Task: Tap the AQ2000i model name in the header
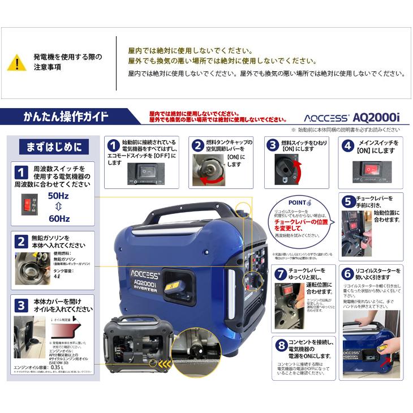click(376, 117)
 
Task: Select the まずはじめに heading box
click(54, 147)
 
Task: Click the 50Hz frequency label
click(59, 195)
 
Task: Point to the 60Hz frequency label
click(59, 218)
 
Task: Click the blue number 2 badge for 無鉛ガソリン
click(20, 242)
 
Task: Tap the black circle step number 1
click(113, 145)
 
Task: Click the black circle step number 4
click(349, 145)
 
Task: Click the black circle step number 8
click(281, 345)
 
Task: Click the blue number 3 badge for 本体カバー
click(20, 306)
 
